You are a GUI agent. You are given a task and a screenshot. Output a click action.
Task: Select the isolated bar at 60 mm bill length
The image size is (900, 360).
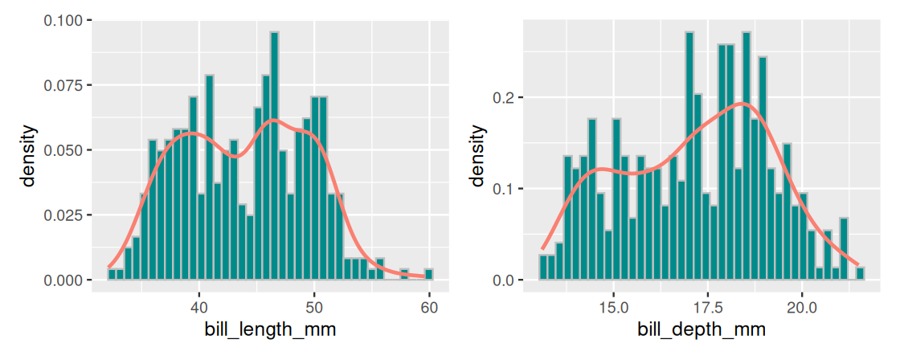(x=429, y=275)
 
